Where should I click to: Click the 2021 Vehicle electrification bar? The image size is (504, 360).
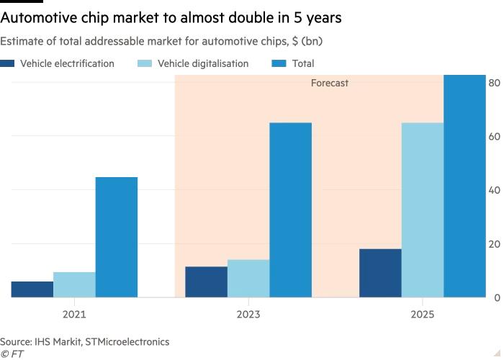pos(32,289)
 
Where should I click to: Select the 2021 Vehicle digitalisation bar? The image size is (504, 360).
pos(74,285)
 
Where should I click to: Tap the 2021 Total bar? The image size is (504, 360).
pos(116,238)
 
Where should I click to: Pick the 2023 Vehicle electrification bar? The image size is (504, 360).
pos(206,282)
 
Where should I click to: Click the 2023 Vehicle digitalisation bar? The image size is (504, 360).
pos(248,279)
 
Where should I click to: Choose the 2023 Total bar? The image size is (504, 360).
pos(291,210)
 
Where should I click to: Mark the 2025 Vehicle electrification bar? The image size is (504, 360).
pos(380,274)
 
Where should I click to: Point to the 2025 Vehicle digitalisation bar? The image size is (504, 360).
pos(423,210)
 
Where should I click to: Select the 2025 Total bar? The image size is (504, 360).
pos(465,186)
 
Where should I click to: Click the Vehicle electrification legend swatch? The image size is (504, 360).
pos(8,63)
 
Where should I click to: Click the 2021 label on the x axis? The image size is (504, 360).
pos(74,315)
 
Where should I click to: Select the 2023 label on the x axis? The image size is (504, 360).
pos(248,315)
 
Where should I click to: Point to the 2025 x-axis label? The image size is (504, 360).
pos(423,315)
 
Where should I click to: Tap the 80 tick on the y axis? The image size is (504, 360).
pos(494,83)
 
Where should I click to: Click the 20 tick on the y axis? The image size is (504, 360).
pos(494,244)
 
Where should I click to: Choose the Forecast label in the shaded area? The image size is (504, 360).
pos(329,84)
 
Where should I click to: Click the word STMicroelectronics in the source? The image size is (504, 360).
pos(127,341)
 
